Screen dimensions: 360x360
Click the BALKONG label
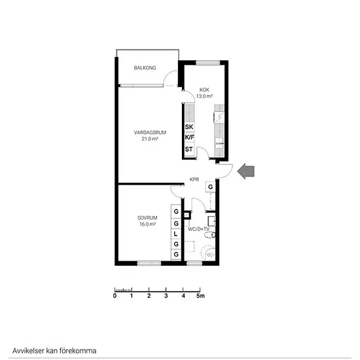tap(145, 67)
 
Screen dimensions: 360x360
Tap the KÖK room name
tap(204, 90)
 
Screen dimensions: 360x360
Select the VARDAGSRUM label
tap(150, 132)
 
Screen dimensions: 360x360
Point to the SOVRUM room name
tap(147, 218)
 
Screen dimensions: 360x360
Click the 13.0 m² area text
tap(204, 96)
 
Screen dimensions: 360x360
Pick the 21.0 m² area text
tap(150, 139)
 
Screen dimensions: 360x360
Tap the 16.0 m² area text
tap(148, 224)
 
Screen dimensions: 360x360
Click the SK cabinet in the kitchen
tap(190, 127)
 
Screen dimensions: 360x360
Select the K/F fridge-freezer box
tap(190, 137)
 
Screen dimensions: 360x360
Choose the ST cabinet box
tap(190, 149)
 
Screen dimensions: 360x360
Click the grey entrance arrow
tap(245, 171)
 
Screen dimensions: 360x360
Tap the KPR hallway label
tap(194, 179)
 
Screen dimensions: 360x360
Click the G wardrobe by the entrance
tap(210, 187)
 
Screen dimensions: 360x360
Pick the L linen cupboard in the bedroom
tap(176, 234)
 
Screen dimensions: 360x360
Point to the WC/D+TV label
tap(198, 229)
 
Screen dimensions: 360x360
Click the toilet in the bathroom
tap(210, 235)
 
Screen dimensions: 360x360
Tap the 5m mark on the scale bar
tap(200, 296)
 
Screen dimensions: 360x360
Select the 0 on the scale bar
tap(115, 296)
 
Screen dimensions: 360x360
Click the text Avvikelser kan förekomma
tap(54, 351)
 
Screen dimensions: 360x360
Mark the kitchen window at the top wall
tap(208, 62)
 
